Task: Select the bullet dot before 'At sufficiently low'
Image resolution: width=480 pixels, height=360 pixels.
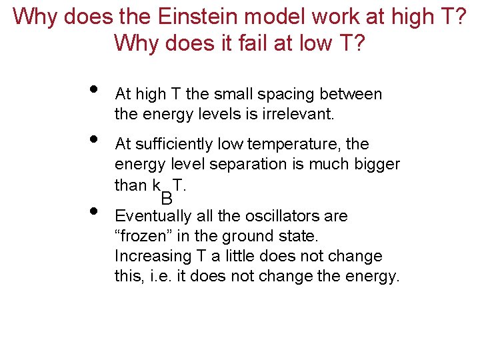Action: pos(93,139)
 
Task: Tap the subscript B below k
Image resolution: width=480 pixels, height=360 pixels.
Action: pos(167,197)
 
